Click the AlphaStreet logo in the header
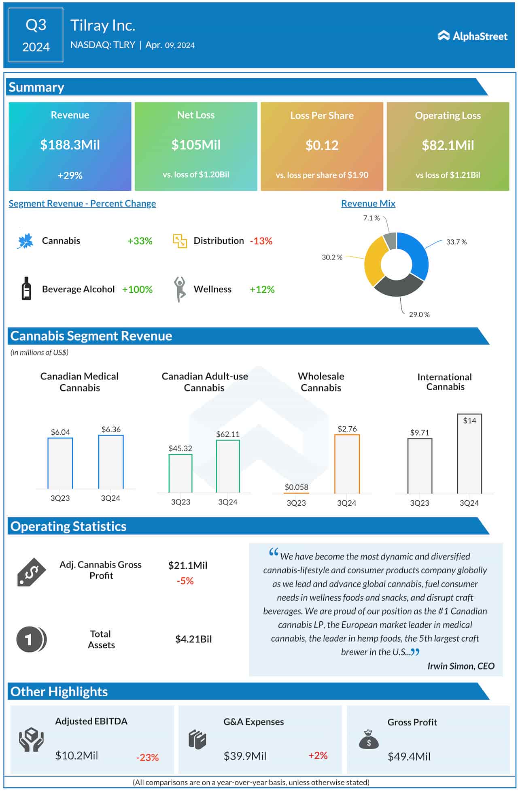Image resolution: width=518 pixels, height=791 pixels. pyautogui.click(x=472, y=36)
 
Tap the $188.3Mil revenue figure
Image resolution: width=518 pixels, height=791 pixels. pyautogui.click(x=70, y=145)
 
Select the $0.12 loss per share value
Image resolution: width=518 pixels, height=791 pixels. pyautogui.click(x=322, y=145)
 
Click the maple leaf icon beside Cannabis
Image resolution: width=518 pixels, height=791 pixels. pyautogui.click(x=25, y=241)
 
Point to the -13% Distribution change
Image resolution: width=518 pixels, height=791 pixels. pyautogui.click(x=261, y=241)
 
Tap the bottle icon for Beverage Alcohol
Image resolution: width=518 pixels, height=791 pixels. pyautogui.click(x=26, y=289)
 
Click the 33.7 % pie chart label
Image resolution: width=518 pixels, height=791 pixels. pyautogui.click(x=456, y=242)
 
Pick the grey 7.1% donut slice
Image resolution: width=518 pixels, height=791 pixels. pyautogui.click(x=390, y=241)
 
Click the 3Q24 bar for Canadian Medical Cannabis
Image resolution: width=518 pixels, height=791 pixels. pyautogui.click(x=111, y=462)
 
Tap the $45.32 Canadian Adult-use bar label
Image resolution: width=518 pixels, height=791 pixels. pyautogui.click(x=180, y=448)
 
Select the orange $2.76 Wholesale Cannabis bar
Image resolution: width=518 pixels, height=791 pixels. pyautogui.click(x=347, y=464)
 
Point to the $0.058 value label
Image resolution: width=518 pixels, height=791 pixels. pyautogui.click(x=296, y=487)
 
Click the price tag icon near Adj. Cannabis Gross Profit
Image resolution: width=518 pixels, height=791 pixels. pyautogui.click(x=32, y=572)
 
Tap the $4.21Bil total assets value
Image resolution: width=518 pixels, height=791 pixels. pyautogui.click(x=193, y=639)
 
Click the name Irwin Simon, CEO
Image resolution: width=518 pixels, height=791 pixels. pyautogui.click(x=461, y=666)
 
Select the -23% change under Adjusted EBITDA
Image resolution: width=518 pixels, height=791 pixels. pyautogui.click(x=147, y=757)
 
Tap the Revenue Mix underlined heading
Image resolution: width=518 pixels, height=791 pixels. pyautogui.click(x=368, y=204)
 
